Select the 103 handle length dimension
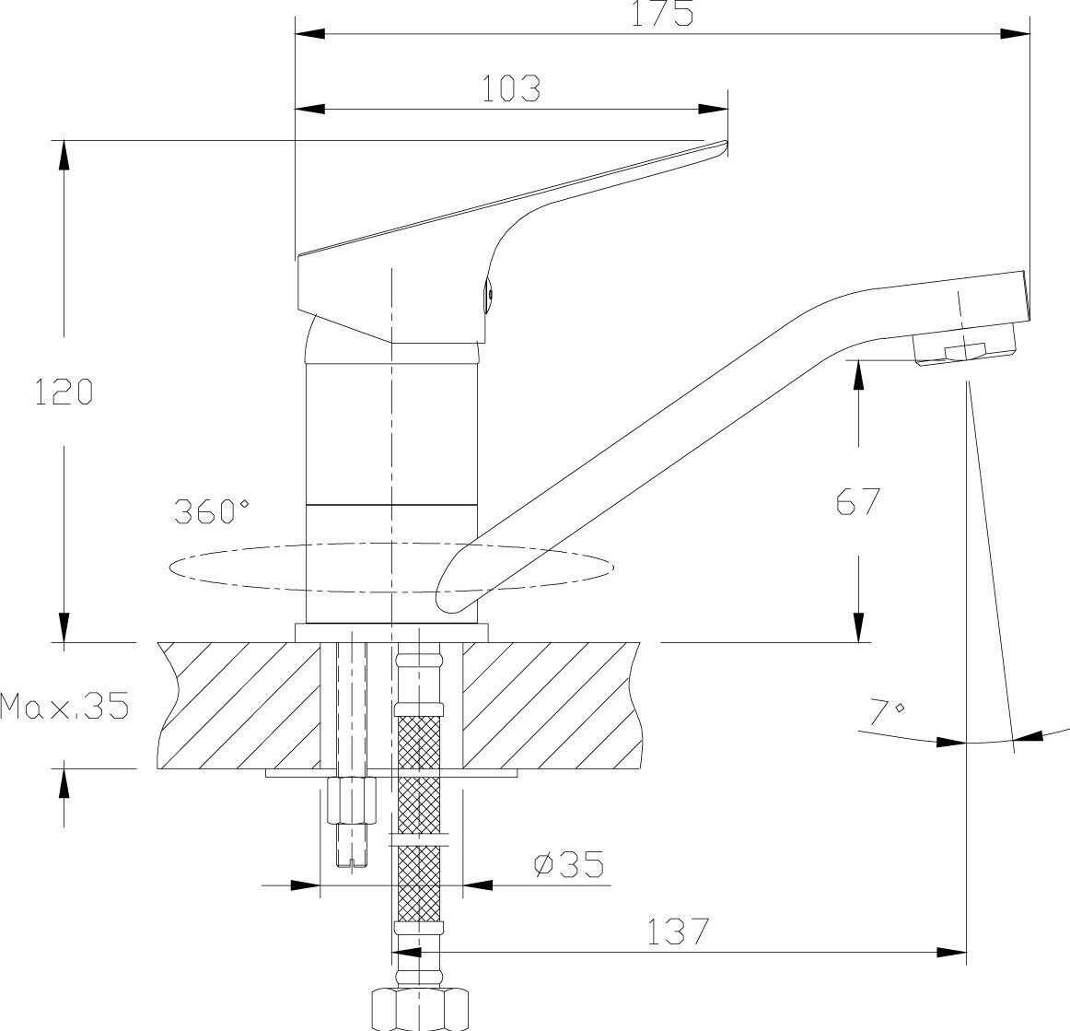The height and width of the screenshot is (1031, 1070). (x=511, y=88)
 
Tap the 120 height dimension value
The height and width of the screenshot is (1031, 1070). (x=64, y=392)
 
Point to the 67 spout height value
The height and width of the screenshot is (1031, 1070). (x=858, y=501)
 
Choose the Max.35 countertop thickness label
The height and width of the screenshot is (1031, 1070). (x=64, y=707)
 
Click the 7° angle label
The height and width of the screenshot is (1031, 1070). (x=887, y=710)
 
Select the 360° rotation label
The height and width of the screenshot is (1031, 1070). (x=212, y=511)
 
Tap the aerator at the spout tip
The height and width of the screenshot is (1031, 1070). (x=962, y=349)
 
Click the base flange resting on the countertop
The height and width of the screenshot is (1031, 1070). (x=391, y=632)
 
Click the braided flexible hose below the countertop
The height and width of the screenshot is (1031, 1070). (x=417, y=811)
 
